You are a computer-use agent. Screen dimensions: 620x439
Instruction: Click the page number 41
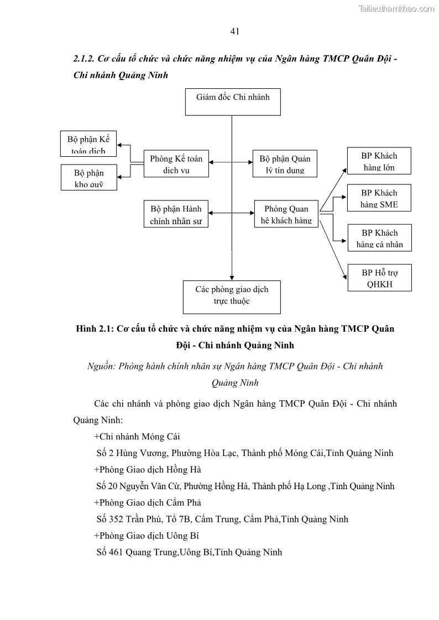(x=234, y=31)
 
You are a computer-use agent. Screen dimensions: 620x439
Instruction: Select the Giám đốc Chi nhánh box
(x=233, y=102)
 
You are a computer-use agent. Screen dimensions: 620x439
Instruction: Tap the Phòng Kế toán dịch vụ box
(x=176, y=164)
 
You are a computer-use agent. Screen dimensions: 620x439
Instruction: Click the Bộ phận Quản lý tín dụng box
(x=285, y=164)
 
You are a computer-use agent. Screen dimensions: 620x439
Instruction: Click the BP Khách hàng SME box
(x=379, y=198)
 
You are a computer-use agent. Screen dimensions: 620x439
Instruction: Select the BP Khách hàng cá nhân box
(x=379, y=238)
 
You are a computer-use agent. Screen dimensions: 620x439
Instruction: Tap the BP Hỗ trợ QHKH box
(x=379, y=278)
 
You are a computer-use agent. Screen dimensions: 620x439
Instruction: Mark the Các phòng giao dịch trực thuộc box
(x=232, y=296)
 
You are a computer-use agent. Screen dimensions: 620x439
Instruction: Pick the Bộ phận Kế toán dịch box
(x=89, y=144)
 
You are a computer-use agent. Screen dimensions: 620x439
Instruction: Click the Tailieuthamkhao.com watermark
(x=396, y=8)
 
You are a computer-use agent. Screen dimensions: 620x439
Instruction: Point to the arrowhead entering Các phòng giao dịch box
(x=232, y=277)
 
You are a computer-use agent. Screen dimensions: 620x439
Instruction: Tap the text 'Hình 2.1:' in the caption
(x=94, y=329)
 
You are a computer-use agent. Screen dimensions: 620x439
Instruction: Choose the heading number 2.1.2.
(x=85, y=59)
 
